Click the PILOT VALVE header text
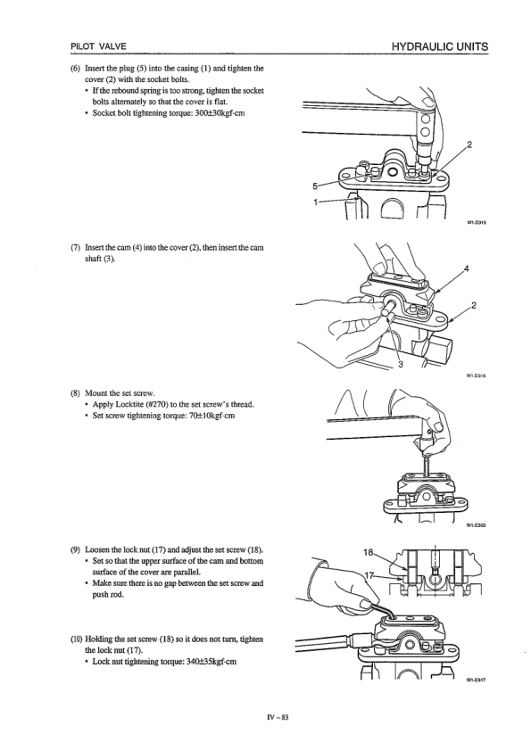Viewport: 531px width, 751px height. pyautogui.click(x=98, y=46)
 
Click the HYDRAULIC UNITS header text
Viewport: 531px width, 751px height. pyautogui.click(x=440, y=46)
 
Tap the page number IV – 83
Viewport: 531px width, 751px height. pyautogui.click(x=279, y=717)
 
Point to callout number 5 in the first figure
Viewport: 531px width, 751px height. pyautogui.click(x=314, y=186)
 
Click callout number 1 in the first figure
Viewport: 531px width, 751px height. pyautogui.click(x=314, y=202)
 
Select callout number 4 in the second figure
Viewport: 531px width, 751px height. pyautogui.click(x=467, y=268)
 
